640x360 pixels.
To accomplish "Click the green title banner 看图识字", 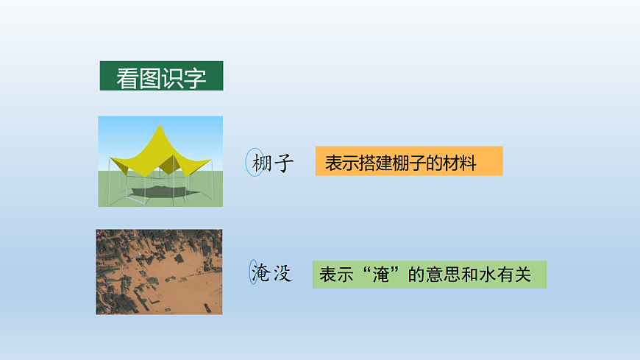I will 161,76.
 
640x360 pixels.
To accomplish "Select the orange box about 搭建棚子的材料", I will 408,161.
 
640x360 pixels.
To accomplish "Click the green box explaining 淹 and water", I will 429,275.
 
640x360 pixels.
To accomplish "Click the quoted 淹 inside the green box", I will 378,275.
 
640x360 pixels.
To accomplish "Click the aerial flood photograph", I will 159,272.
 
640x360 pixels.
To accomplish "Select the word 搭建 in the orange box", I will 371,163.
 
